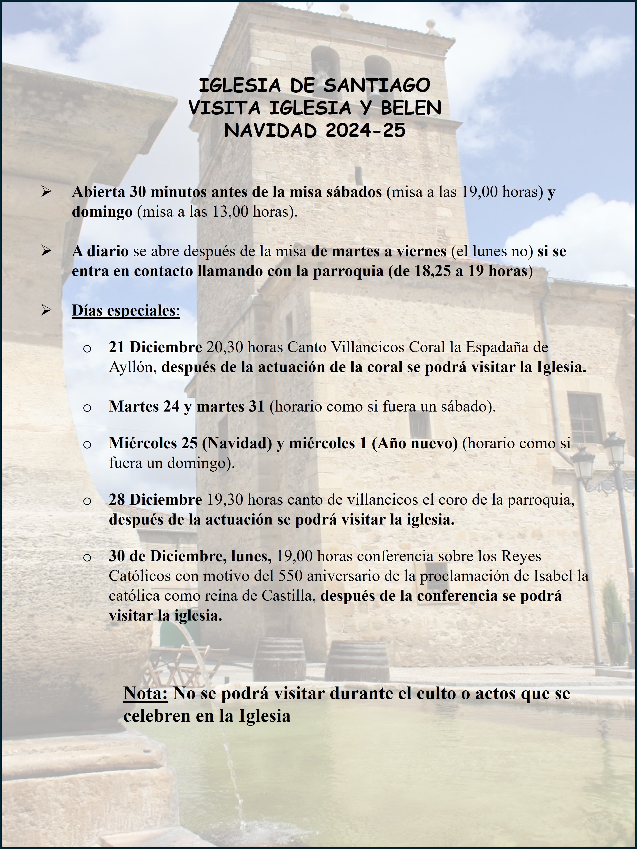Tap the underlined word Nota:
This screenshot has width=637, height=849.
(146, 694)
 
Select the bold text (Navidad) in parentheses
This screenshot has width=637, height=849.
(237, 443)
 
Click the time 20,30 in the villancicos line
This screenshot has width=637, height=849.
(225, 347)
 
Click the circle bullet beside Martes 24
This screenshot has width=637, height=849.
(87, 407)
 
